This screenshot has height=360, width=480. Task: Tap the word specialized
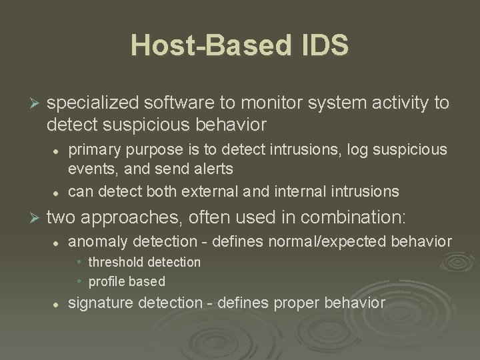(91, 103)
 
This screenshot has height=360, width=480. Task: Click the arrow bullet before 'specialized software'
(37, 103)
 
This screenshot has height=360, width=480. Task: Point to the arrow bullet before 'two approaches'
(37, 217)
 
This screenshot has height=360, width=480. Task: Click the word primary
(92, 148)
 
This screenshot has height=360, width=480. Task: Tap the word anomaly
(95, 241)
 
